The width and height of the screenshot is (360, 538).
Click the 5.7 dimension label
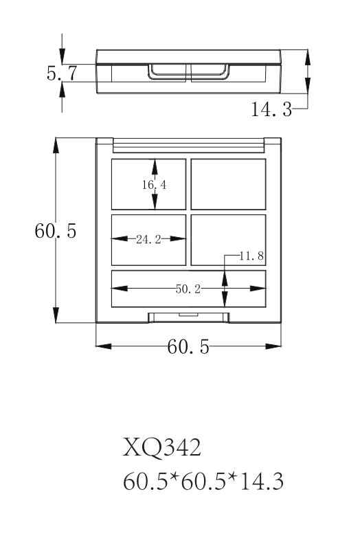62,73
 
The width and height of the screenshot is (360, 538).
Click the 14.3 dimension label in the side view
271,109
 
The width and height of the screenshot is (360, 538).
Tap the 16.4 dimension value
155,185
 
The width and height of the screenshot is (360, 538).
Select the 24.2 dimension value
148,239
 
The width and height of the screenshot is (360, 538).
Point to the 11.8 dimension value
251,256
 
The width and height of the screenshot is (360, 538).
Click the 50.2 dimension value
188,289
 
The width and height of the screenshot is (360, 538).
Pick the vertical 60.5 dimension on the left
55,231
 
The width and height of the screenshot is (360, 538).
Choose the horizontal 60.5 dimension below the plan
188,346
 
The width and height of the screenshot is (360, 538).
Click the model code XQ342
161,447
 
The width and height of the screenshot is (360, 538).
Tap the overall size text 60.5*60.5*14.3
203,481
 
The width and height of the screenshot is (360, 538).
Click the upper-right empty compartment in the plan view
228,184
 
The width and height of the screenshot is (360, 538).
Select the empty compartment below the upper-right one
228,240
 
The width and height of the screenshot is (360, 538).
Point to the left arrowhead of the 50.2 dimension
120,289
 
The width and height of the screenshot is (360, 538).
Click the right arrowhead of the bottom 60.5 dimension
273,346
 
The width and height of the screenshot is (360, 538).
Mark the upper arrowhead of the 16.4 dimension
155,167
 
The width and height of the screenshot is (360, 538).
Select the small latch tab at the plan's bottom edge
188,314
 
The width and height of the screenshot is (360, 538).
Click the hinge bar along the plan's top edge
188,146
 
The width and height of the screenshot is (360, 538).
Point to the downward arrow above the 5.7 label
62,49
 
